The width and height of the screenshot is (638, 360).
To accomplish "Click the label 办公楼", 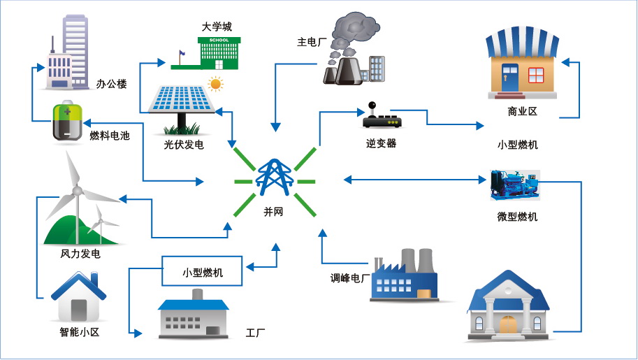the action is pyautogui.click(x=111, y=84).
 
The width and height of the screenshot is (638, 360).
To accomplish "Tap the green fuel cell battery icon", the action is pyautogui.click(x=68, y=122).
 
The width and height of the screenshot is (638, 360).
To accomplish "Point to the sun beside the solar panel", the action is pyautogui.click(x=215, y=85).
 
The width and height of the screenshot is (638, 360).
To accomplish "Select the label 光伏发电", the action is pyautogui.click(x=184, y=145).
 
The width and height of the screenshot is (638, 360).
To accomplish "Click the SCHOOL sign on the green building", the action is pyautogui.click(x=219, y=40).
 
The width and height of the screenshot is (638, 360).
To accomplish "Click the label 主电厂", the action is pyautogui.click(x=312, y=42).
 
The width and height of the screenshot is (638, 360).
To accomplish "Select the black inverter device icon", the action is pyautogui.click(x=382, y=116).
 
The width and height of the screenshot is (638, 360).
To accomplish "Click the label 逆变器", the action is pyautogui.click(x=381, y=143).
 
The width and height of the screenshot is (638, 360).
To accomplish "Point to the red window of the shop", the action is pyautogui.click(x=536, y=75).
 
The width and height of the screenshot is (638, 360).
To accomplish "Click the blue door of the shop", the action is pyautogui.click(x=510, y=78).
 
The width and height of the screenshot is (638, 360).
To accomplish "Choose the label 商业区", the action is pyautogui.click(x=522, y=111).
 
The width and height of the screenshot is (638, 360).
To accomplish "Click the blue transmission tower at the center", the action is pyautogui.click(x=274, y=177).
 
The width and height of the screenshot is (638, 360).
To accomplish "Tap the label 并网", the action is pyautogui.click(x=273, y=211).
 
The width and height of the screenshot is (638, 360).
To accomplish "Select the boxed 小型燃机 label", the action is pyautogui.click(x=202, y=271).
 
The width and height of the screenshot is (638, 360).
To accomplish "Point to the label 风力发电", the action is pyautogui.click(x=80, y=254).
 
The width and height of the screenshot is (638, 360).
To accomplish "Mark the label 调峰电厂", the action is pyautogui.click(x=350, y=278).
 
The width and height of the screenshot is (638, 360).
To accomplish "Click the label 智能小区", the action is pyautogui.click(x=80, y=332).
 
